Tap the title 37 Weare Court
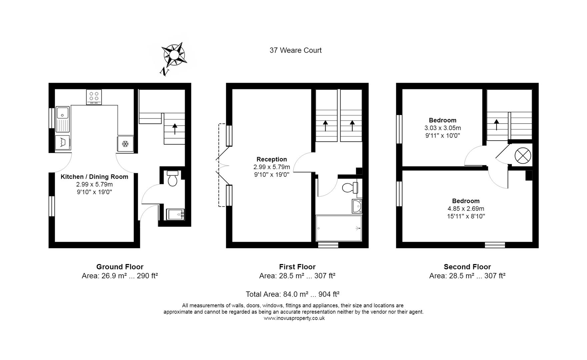[x=296, y=50]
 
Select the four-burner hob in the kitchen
[x=94, y=97]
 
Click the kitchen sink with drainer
[x=63, y=119]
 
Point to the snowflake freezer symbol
[x=125, y=144]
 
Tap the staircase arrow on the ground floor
[x=174, y=129]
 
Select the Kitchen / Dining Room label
[x=94, y=177]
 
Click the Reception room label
[x=271, y=159]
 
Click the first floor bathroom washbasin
[x=357, y=206]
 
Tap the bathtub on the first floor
[x=339, y=228]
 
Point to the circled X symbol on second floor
[x=523, y=156]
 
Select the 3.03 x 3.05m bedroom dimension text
[x=443, y=128]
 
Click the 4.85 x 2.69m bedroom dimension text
[x=466, y=209]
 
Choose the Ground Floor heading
[x=120, y=267]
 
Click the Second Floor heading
[x=467, y=267]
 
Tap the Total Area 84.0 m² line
[x=292, y=294]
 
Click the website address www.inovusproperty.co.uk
[x=294, y=318]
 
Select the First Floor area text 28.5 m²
[x=297, y=276]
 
